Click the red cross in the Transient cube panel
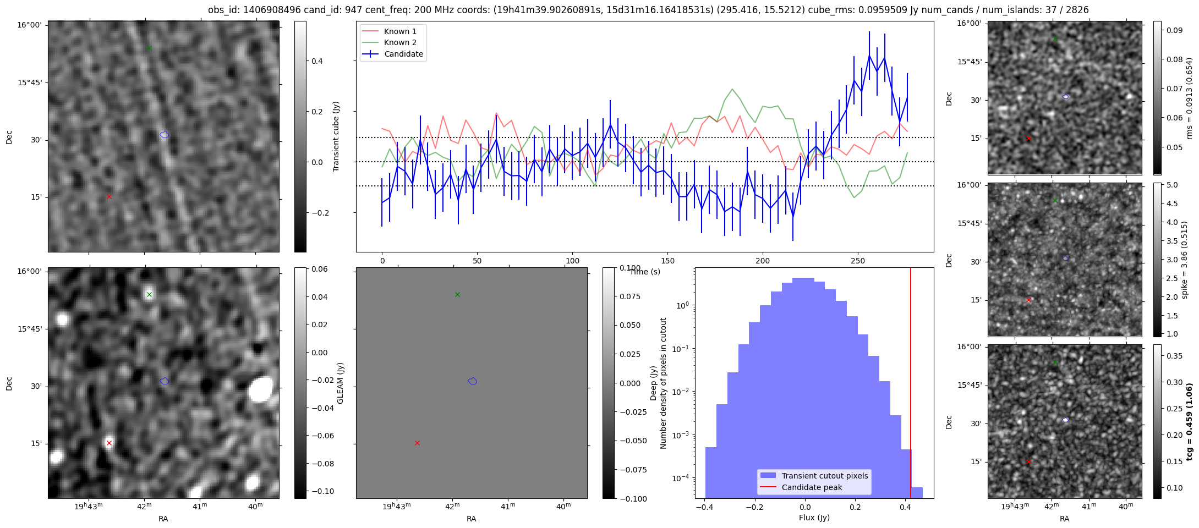pyautogui.click(x=109, y=196)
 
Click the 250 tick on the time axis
pyautogui.click(x=858, y=261)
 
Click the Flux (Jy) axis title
pyautogui.click(x=814, y=518)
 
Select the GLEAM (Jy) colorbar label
pyautogui.click(x=340, y=383)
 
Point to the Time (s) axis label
pyautogui.click(x=645, y=272)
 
